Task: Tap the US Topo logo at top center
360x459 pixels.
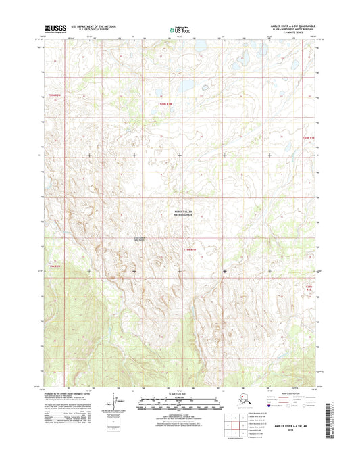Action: [178, 29]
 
